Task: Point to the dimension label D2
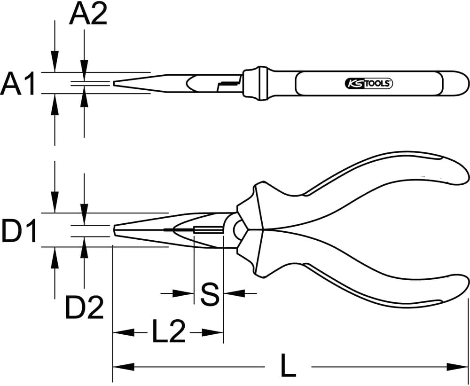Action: point(84,307)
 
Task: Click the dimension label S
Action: point(209,294)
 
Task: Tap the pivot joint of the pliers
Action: point(238,229)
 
